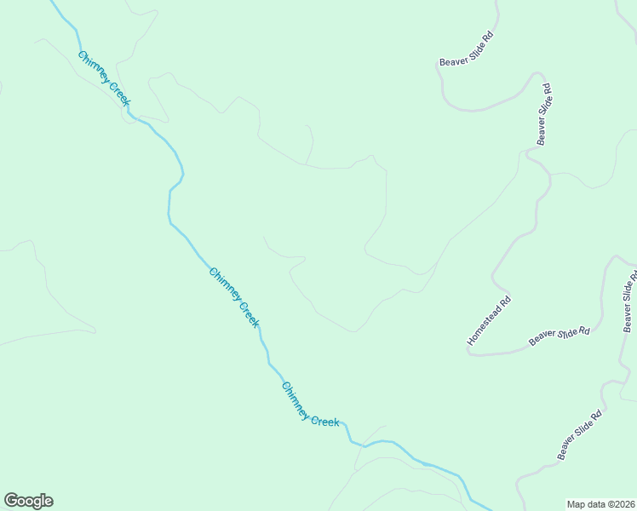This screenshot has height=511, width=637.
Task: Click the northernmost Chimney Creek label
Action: [104, 78]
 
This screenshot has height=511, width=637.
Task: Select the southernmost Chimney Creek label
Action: [310, 405]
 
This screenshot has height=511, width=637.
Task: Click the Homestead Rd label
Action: [490, 320]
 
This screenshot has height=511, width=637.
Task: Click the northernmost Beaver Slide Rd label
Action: [467, 49]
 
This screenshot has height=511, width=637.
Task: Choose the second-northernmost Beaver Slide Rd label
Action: [544, 113]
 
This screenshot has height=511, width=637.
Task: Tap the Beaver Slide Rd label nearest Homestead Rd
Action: [560, 336]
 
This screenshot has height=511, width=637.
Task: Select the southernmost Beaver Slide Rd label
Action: [580, 435]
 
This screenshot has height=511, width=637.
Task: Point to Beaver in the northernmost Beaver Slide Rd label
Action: [451, 59]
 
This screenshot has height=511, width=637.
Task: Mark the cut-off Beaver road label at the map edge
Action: [629, 302]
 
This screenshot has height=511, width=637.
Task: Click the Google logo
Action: [28, 501]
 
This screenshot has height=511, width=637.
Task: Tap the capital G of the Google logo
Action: [11, 501]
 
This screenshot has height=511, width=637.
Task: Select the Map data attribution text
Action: [601, 503]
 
